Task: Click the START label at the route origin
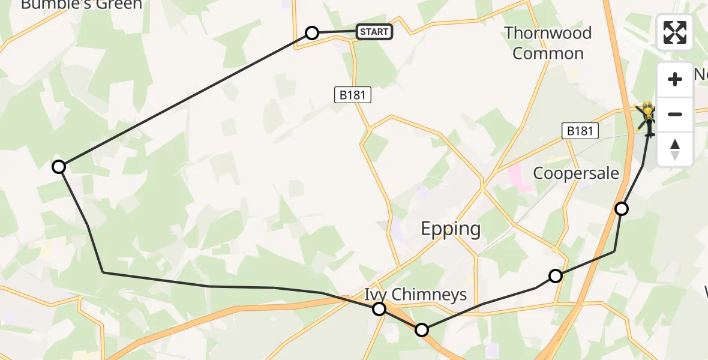tap(374, 32)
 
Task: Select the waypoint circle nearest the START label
tap(312, 33)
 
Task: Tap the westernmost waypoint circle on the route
tap(59, 167)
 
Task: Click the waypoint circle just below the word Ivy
tap(379, 309)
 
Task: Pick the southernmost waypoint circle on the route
tap(422, 330)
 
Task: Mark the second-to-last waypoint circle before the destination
tap(556, 276)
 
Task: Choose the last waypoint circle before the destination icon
tap(622, 209)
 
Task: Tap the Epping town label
tap(451, 229)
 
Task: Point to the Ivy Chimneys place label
tap(415, 294)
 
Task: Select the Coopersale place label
tap(576, 173)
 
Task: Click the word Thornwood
tap(548, 33)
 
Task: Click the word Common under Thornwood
tap(548, 53)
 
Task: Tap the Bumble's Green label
tap(82, 5)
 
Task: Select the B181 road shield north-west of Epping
tap(353, 94)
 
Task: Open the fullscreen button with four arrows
tap(675, 32)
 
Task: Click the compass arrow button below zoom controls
tap(675, 149)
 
